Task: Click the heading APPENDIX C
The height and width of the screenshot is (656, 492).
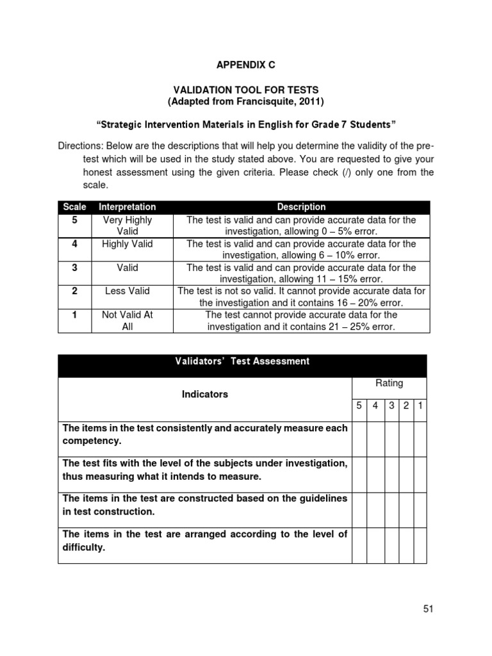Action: point(245,65)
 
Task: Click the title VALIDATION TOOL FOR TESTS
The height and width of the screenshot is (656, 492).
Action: point(246,90)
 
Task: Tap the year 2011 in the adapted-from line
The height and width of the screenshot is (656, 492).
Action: point(311,102)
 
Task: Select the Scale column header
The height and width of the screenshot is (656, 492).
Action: point(74,207)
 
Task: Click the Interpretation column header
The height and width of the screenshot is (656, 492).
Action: point(127,207)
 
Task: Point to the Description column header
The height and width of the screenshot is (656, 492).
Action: point(301,207)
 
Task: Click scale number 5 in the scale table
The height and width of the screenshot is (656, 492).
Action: point(74,220)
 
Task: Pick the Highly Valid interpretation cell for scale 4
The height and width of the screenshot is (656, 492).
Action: point(127,243)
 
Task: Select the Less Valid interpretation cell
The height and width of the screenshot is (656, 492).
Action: point(127,291)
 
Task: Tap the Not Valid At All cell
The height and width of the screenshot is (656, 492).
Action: point(127,320)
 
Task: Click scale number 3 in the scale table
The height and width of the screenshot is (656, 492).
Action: point(74,267)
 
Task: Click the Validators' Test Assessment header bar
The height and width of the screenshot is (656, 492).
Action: point(242,361)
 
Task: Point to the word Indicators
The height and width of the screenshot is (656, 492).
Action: point(204,394)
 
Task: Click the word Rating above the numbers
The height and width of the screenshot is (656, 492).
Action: point(389,383)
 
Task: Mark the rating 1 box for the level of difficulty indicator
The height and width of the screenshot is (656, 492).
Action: point(420,545)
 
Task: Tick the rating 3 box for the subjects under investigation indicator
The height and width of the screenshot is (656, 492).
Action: point(391,475)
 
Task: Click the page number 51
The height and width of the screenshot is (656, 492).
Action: point(429,609)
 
